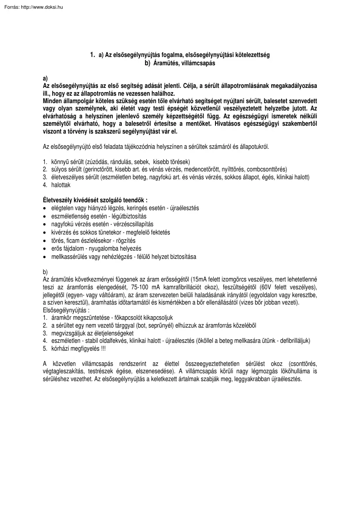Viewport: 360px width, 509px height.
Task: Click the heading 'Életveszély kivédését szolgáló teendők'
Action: click(x=95, y=201)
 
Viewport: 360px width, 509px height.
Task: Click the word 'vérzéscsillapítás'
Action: click(x=130, y=224)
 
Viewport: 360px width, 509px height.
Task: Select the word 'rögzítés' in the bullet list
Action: click(x=126, y=241)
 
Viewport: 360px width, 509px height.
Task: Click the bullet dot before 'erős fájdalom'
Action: click(x=45, y=249)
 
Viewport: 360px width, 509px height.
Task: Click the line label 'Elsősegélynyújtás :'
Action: click(x=66, y=311)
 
